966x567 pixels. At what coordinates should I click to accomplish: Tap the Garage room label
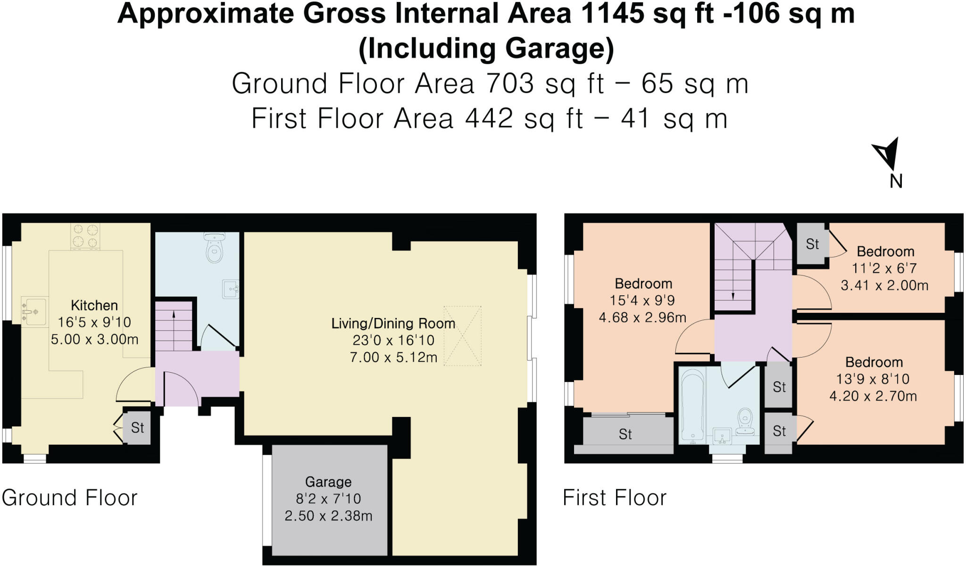(x=328, y=482)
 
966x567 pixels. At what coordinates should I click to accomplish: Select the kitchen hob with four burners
(x=85, y=236)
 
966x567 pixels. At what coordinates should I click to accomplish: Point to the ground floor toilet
(x=215, y=247)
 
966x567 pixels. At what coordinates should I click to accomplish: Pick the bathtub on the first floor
(x=692, y=406)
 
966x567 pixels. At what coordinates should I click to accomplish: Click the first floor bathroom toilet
(x=745, y=421)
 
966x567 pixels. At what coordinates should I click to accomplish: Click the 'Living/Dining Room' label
(x=393, y=324)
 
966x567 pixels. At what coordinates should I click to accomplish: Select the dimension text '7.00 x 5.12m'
(x=393, y=357)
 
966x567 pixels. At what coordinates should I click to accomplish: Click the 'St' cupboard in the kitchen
(x=137, y=428)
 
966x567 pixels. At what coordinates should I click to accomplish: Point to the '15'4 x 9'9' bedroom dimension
(x=642, y=300)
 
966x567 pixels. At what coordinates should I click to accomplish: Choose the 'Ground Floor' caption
(x=69, y=498)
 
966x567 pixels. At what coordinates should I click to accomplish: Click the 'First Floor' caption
(x=615, y=498)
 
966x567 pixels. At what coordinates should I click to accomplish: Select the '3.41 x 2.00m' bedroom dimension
(x=885, y=285)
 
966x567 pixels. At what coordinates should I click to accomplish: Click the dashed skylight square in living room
(x=462, y=336)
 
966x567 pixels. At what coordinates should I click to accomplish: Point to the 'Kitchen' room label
(x=94, y=305)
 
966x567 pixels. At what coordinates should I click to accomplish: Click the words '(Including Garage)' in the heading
(x=486, y=49)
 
